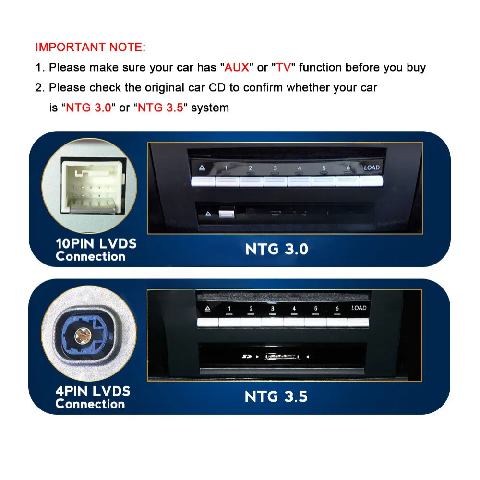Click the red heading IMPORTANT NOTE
(90, 47)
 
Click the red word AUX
(237, 67)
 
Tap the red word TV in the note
(283, 67)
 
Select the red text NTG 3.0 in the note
(89, 108)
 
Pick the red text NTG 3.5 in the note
(160, 108)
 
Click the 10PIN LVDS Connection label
(96, 250)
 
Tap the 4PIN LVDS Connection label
(93, 397)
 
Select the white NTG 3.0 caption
(276, 249)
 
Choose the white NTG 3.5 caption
(276, 396)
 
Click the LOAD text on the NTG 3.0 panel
(372, 168)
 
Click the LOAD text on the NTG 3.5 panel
(359, 308)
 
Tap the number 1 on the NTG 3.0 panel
(226, 168)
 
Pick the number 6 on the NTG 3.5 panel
(337, 308)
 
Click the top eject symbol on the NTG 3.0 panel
(202, 168)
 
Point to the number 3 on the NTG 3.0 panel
(275, 168)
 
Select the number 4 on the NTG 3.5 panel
(294, 308)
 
